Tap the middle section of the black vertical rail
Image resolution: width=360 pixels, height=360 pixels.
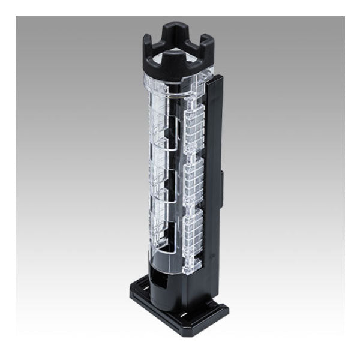point(214,180)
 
